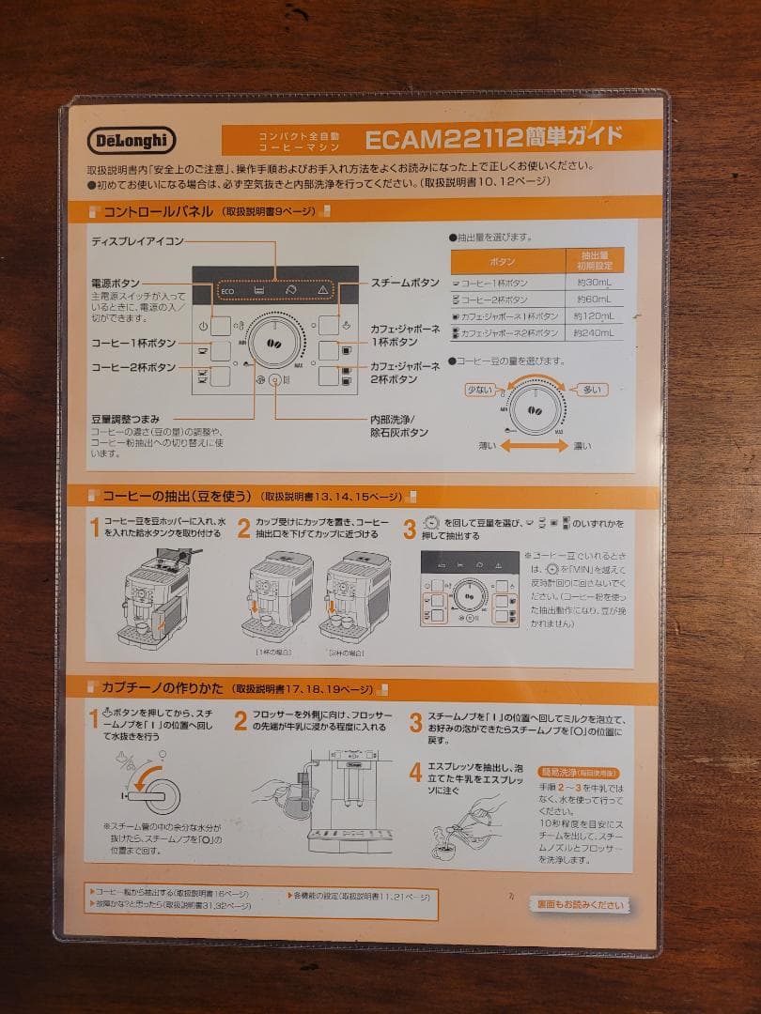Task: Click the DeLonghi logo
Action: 132,140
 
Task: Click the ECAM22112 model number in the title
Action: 443,139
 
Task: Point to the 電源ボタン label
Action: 116,283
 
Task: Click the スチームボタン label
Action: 405,283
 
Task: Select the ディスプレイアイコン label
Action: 138,241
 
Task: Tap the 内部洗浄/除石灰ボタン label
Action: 399,425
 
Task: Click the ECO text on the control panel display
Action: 226,291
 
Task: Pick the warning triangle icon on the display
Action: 322,291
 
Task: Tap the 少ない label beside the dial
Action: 479,389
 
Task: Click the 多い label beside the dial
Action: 592,389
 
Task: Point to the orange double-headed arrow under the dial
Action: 534,445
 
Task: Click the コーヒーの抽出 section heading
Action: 174,496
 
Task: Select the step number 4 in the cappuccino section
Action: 415,773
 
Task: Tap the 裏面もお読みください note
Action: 580,905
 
